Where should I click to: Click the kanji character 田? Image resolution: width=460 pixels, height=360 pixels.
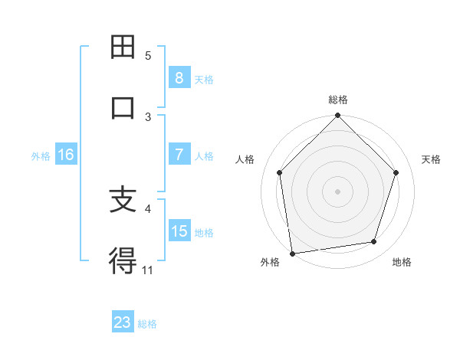(123, 47)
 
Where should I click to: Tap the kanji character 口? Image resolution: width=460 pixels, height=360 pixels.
(123, 107)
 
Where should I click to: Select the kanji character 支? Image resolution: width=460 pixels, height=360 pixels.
(123, 201)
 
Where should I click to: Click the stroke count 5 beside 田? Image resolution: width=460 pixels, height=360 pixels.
(148, 56)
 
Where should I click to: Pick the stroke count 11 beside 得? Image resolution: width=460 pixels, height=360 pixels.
(147, 270)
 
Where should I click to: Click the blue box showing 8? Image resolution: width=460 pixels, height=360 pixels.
(179, 77)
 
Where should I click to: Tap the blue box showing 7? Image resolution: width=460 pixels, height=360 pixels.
(179, 155)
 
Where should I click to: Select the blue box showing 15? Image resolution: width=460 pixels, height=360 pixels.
(179, 231)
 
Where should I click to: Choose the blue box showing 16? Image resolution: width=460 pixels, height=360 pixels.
(66, 155)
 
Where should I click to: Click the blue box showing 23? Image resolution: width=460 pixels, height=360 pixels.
(123, 322)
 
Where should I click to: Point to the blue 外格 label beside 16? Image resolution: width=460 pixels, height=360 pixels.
(41, 155)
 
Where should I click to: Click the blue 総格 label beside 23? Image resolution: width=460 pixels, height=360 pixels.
(147, 324)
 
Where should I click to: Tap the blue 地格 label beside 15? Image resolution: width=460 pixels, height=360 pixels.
(204, 232)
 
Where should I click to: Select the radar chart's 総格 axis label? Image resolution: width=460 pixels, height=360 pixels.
(337, 100)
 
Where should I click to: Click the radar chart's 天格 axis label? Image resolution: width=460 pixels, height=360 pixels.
(431, 159)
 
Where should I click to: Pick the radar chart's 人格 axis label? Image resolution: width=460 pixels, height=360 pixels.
(245, 159)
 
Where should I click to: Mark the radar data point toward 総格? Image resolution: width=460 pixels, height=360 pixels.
(337, 116)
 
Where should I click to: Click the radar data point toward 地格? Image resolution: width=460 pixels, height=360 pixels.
(374, 242)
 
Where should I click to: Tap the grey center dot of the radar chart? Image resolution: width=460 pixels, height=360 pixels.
(337, 191)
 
